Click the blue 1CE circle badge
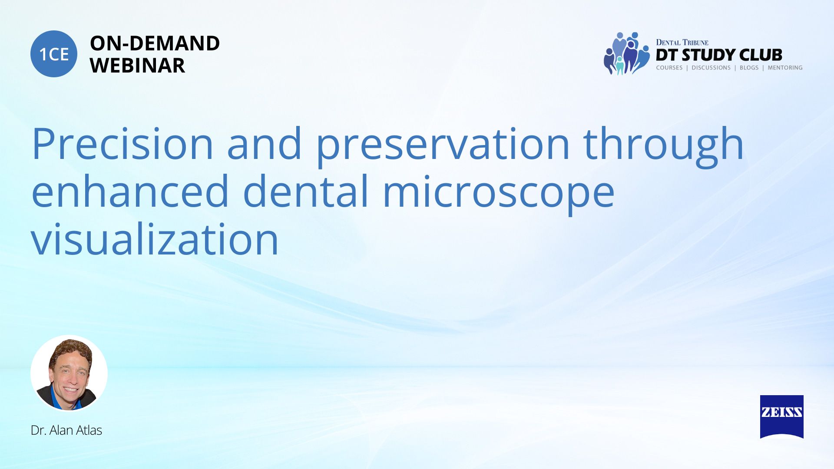coord(54,54)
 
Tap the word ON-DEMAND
coord(155,43)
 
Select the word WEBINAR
coord(137,66)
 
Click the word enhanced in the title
coord(130,191)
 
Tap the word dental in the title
coord(306,191)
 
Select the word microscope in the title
coord(499,194)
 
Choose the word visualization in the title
coord(155,238)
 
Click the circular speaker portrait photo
coord(69,373)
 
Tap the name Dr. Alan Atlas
coord(66,430)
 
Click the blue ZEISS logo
coord(781,416)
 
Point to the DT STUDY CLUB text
coord(719,55)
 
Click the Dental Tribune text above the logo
coord(682,42)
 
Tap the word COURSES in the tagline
coord(669,68)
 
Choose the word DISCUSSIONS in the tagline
coord(711,68)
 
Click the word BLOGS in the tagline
coord(749,68)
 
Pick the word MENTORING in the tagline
coord(785,68)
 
